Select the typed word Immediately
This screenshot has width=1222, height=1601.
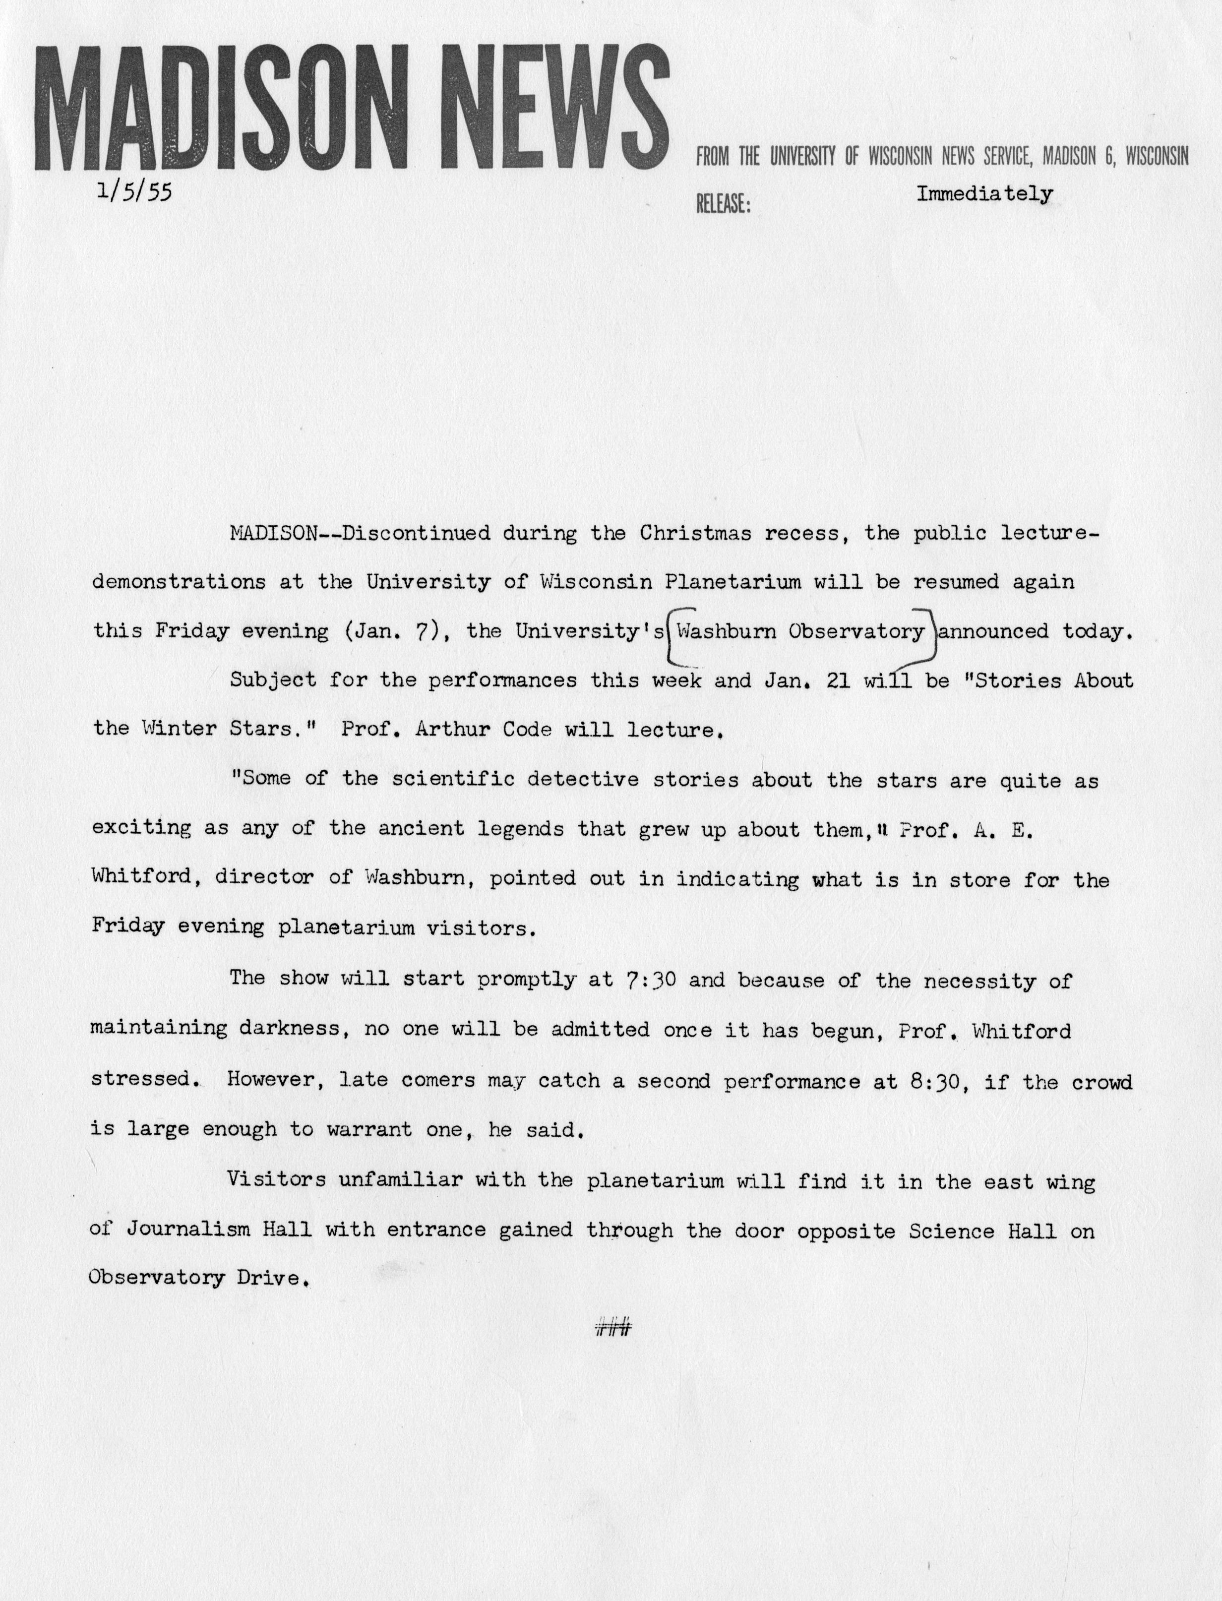984,194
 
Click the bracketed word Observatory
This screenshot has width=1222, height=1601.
856,631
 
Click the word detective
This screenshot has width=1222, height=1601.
580,779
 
